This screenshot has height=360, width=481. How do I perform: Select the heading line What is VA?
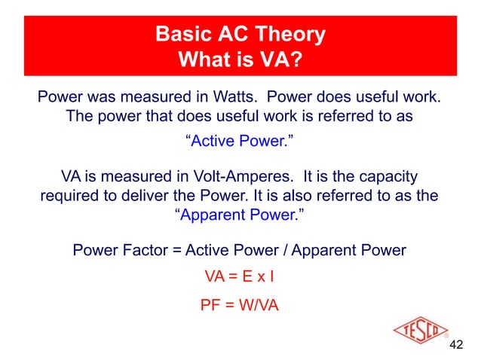(x=240, y=58)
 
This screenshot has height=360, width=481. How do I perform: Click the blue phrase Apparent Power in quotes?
(x=239, y=215)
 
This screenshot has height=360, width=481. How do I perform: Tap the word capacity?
(x=388, y=176)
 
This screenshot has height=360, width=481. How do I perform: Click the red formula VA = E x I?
(x=239, y=277)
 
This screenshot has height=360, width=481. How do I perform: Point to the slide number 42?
(x=455, y=346)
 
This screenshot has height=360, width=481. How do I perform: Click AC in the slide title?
(x=234, y=34)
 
